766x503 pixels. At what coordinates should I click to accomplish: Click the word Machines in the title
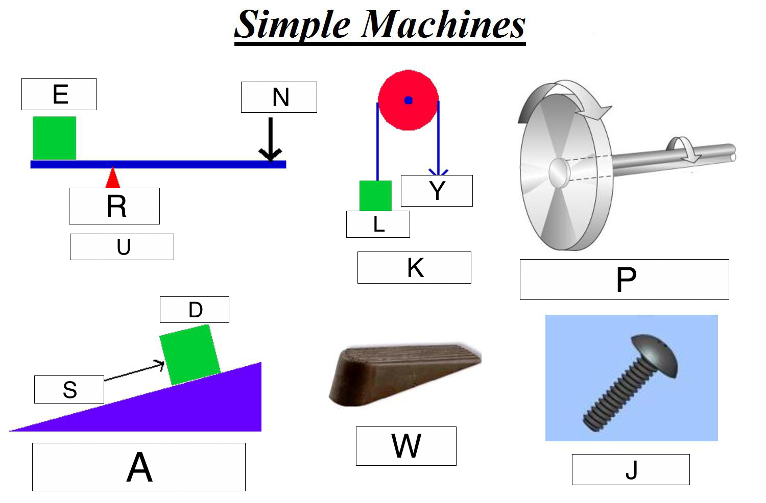443,24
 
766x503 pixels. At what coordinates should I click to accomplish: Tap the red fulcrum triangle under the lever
113,178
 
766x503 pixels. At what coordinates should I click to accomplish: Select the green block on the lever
54,138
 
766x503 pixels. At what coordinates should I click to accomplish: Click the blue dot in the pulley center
409,100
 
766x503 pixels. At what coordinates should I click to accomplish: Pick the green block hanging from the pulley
375,195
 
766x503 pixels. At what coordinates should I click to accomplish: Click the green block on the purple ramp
190,355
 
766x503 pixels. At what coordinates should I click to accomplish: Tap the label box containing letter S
69,390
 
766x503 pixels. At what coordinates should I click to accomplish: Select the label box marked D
195,310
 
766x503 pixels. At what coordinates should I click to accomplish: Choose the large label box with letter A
139,467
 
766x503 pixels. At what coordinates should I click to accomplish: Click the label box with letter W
406,446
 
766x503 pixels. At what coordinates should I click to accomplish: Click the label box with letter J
631,469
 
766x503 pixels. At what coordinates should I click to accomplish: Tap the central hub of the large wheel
558,173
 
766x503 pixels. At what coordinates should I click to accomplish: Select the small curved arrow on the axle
683,149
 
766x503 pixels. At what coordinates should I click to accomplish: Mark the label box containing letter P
625,280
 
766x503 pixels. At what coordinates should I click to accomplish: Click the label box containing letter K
415,267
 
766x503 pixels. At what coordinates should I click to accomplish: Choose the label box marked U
122,247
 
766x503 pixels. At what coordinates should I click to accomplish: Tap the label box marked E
59,94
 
